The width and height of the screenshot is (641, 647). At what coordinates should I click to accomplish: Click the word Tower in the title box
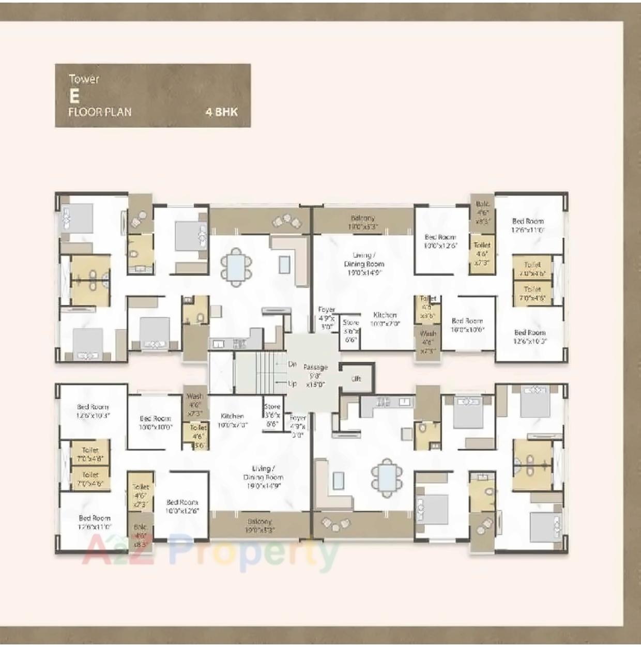[84, 79]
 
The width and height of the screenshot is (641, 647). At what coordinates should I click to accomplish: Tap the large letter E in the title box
[74, 96]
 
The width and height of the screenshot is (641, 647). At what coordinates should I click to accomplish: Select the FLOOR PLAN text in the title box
[100, 112]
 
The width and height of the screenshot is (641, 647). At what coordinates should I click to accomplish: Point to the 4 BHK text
[221, 112]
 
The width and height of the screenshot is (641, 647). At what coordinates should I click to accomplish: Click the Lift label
[356, 379]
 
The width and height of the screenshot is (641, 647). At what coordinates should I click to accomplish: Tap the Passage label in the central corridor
[315, 367]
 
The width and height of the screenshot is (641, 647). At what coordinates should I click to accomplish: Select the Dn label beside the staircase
[292, 364]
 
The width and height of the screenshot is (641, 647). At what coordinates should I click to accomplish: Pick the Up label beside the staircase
[292, 383]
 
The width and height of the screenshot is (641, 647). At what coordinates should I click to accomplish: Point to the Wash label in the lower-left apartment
[195, 397]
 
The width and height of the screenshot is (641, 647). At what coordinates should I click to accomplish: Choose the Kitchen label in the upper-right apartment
[385, 315]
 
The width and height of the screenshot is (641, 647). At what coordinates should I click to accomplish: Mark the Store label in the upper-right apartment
[350, 322]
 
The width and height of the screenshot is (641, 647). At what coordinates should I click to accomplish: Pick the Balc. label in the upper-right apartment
[482, 205]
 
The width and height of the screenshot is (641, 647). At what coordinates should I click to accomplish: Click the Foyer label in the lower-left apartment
[298, 418]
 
